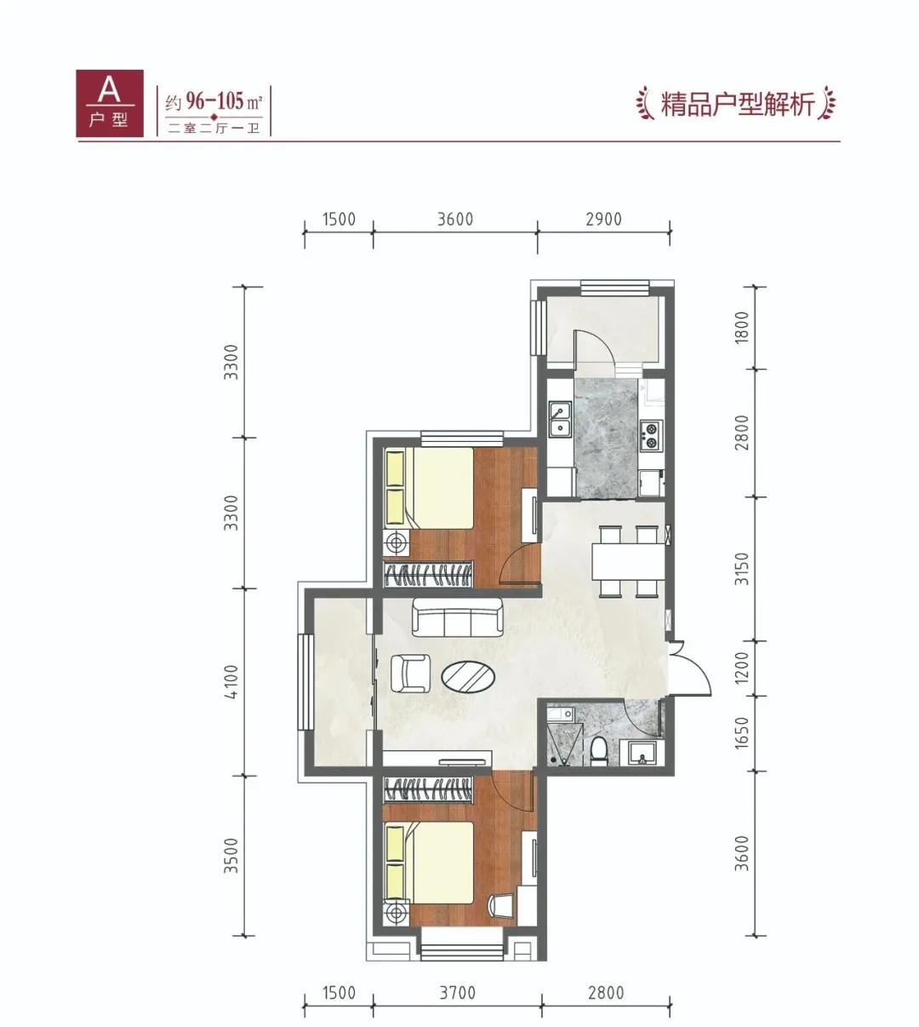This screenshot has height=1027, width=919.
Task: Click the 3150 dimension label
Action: tap(741, 569)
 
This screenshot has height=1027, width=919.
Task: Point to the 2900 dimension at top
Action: tap(603, 219)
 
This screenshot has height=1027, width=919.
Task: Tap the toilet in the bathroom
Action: tap(598, 751)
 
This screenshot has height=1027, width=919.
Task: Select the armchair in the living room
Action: tap(411, 674)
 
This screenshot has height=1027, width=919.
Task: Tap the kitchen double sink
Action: tap(559, 421)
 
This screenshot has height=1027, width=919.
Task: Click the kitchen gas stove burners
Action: tap(650, 435)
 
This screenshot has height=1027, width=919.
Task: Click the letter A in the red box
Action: tap(107, 88)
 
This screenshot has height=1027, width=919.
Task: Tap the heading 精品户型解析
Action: tap(737, 105)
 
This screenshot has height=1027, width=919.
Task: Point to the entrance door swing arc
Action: tap(694, 673)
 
